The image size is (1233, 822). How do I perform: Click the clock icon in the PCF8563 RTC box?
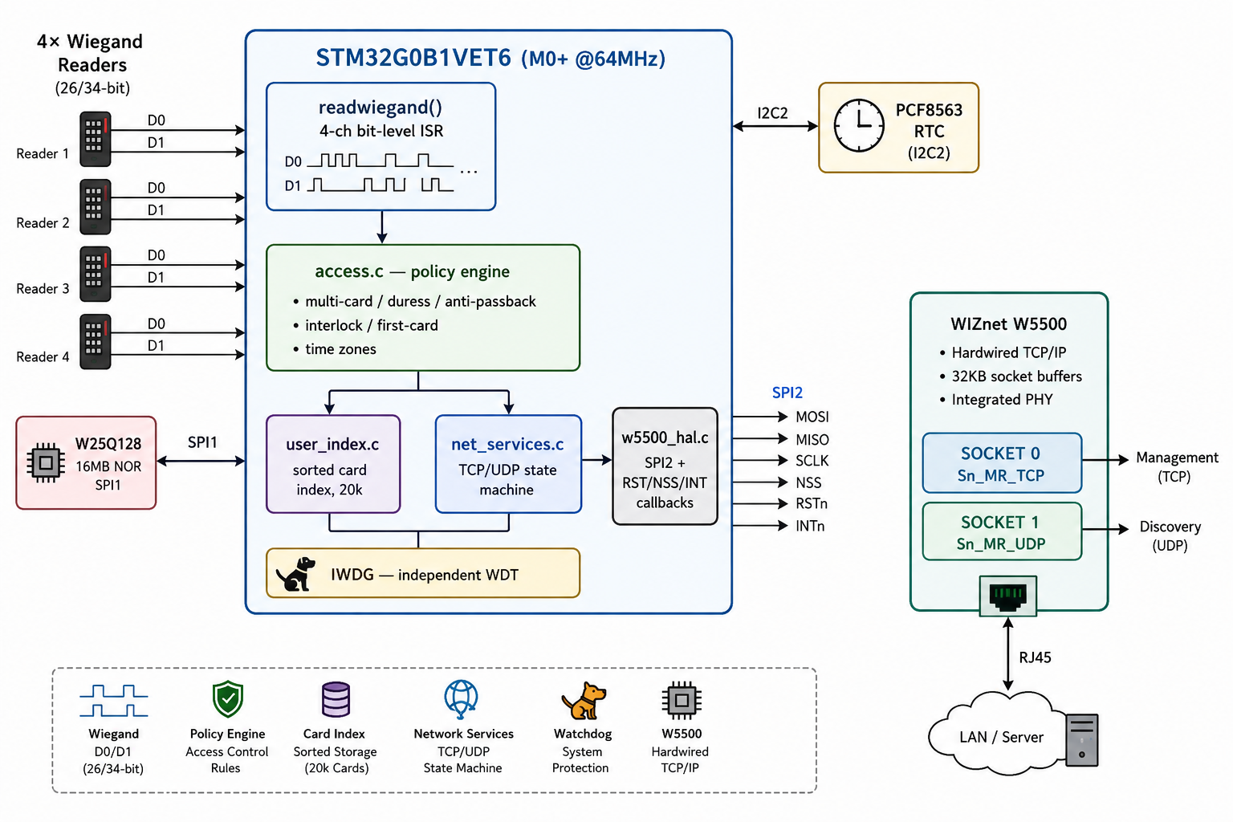coord(859,126)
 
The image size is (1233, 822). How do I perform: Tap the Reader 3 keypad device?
coord(96,275)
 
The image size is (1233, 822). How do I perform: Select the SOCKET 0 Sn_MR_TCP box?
coord(1002,463)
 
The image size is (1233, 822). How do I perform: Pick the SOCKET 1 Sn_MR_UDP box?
coord(1002,532)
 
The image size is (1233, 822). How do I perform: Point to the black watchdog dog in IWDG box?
coord(295,574)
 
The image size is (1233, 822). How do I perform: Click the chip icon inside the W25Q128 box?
coord(46,462)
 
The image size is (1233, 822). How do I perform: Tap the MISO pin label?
coord(812,440)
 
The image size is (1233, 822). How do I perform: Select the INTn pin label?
coord(810,526)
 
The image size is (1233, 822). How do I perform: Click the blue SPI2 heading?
coord(787,393)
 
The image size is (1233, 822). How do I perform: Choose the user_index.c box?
coord(333,464)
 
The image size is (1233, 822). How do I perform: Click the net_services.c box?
coord(508,464)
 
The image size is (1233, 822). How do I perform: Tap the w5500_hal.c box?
coord(665,466)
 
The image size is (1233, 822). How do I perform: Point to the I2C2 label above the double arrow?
coord(772,113)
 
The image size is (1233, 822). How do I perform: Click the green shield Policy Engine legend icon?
coord(228,699)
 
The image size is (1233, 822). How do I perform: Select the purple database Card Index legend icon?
coord(336,699)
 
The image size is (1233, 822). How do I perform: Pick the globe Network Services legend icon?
coord(462,699)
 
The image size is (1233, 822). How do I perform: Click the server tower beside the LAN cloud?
coord(1081,740)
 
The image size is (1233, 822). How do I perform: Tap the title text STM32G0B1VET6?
coord(413,58)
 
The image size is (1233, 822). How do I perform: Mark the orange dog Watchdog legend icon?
coord(584,700)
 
